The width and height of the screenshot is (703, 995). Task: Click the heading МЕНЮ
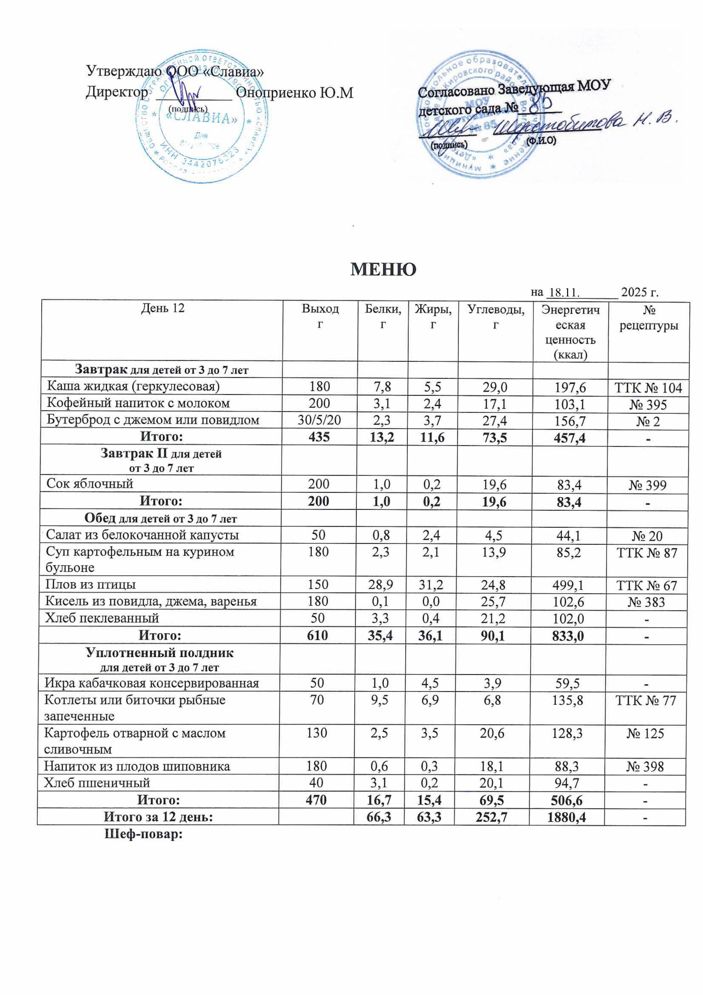tap(383, 269)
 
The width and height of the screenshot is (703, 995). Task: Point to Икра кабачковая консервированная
tap(152, 683)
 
